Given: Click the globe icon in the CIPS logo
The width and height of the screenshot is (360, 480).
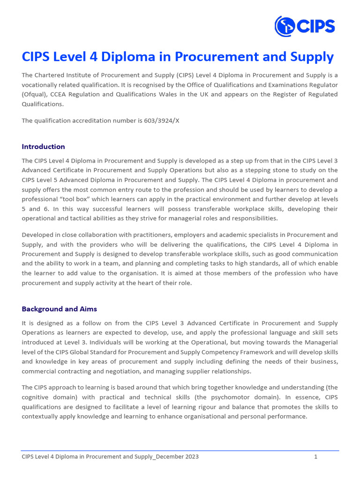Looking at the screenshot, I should click(285, 26).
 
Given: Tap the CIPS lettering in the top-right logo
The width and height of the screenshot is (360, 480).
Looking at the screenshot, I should click(315, 26).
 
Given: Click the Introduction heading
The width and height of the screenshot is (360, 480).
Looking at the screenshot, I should click(43, 147).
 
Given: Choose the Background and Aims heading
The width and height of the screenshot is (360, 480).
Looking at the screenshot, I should click(59, 309).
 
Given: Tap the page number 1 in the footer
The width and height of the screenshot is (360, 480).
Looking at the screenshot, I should click(316, 457).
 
